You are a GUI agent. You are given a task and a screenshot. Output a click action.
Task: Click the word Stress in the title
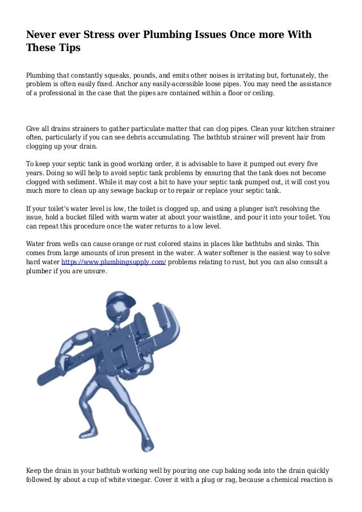(x=102, y=35)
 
